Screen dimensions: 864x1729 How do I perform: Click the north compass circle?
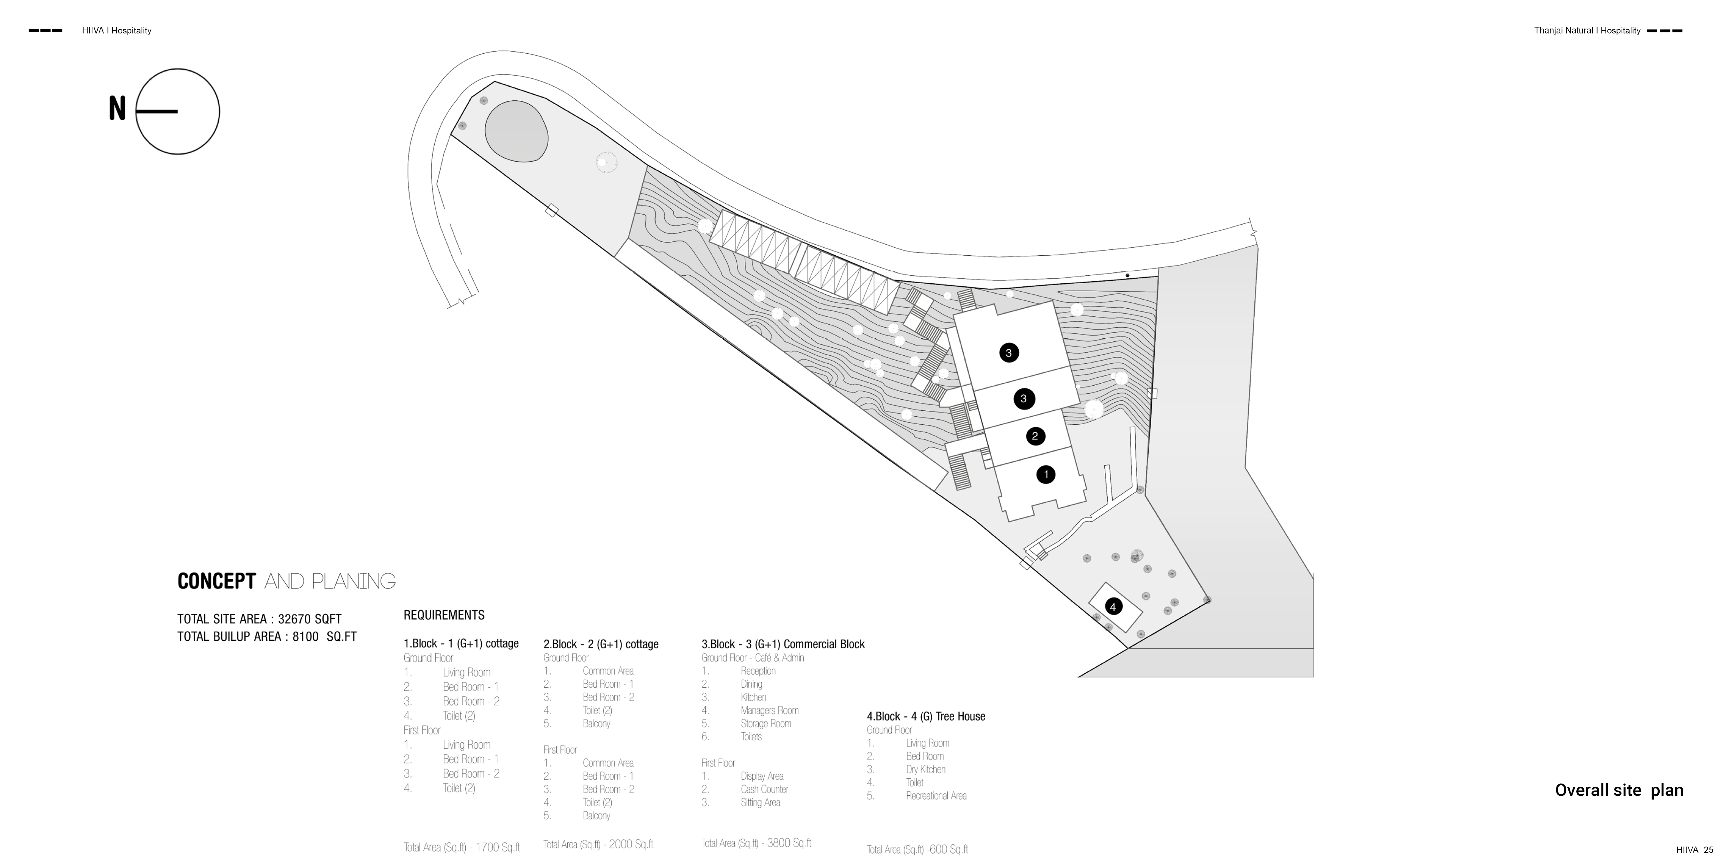click(178, 111)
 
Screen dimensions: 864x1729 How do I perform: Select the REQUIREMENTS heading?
click(444, 615)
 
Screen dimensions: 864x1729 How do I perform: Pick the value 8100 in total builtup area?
click(305, 637)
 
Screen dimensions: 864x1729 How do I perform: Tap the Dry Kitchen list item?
click(926, 770)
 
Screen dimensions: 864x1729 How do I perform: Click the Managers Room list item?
click(769, 710)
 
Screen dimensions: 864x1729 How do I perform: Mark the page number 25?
click(1708, 850)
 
